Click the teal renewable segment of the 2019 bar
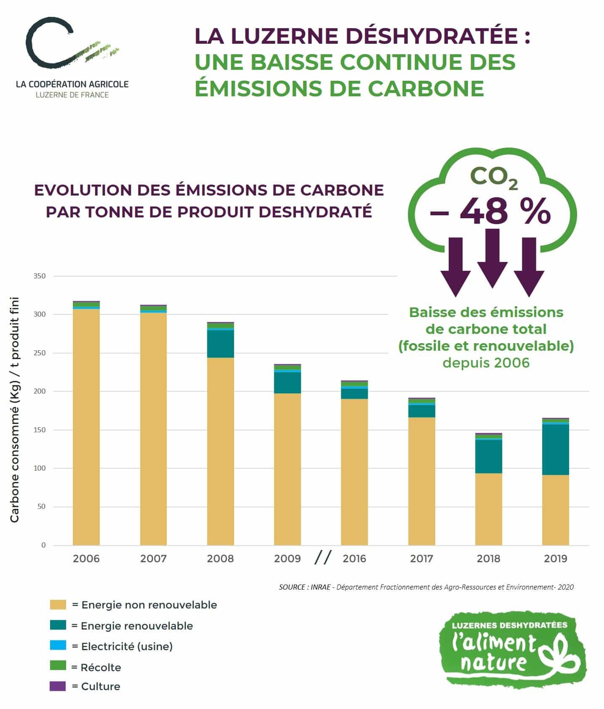pos(555,449)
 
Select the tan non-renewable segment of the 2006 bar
pos(86,427)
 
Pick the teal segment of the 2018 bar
pos(488,456)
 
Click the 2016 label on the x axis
pos(354,558)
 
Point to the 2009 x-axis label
pos(287,558)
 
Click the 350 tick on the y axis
pos(40,276)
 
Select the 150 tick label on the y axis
pos(40,430)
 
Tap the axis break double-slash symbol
pos(323,558)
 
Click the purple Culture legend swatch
pos(58,686)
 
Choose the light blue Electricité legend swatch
pos(58,646)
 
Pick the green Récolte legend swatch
pos(58,665)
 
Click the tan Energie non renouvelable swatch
pos(58,605)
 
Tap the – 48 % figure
pos(490,211)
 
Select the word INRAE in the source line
pos(320,587)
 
